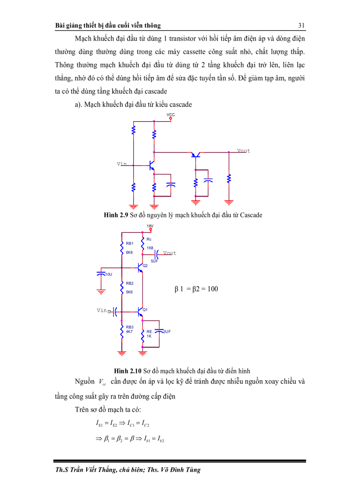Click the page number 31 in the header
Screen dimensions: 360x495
click(302, 25)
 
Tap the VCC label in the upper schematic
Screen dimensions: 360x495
click(171, 115)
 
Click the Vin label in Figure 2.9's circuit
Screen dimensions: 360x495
click(122, 164)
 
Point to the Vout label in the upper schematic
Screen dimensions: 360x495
click(244, 151)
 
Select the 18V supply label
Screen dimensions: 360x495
click(150, 226)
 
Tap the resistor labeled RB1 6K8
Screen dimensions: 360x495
click(122, 248)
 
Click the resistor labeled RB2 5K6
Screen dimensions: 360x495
click(122, 289)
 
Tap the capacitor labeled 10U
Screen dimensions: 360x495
click(101, 274)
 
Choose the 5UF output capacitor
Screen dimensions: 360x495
click(157, 254)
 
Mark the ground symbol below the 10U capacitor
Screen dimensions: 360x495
click(101, 291)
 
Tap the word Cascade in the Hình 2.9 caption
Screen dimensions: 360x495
click(251, 215)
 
